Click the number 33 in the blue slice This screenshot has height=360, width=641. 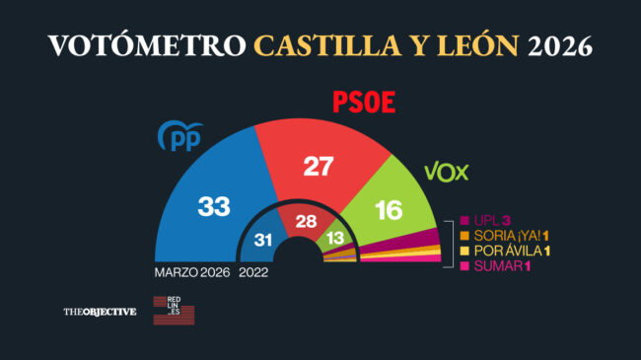click(213, 206)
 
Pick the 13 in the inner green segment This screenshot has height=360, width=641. click(335, 237)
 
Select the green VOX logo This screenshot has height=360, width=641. click(446, 173)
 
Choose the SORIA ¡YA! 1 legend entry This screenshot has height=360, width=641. click(508, 236)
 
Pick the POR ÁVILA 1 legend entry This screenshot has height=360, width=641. click(509, 252)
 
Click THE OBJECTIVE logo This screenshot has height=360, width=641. click(100, 313)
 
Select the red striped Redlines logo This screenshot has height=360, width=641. click(174, 310)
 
